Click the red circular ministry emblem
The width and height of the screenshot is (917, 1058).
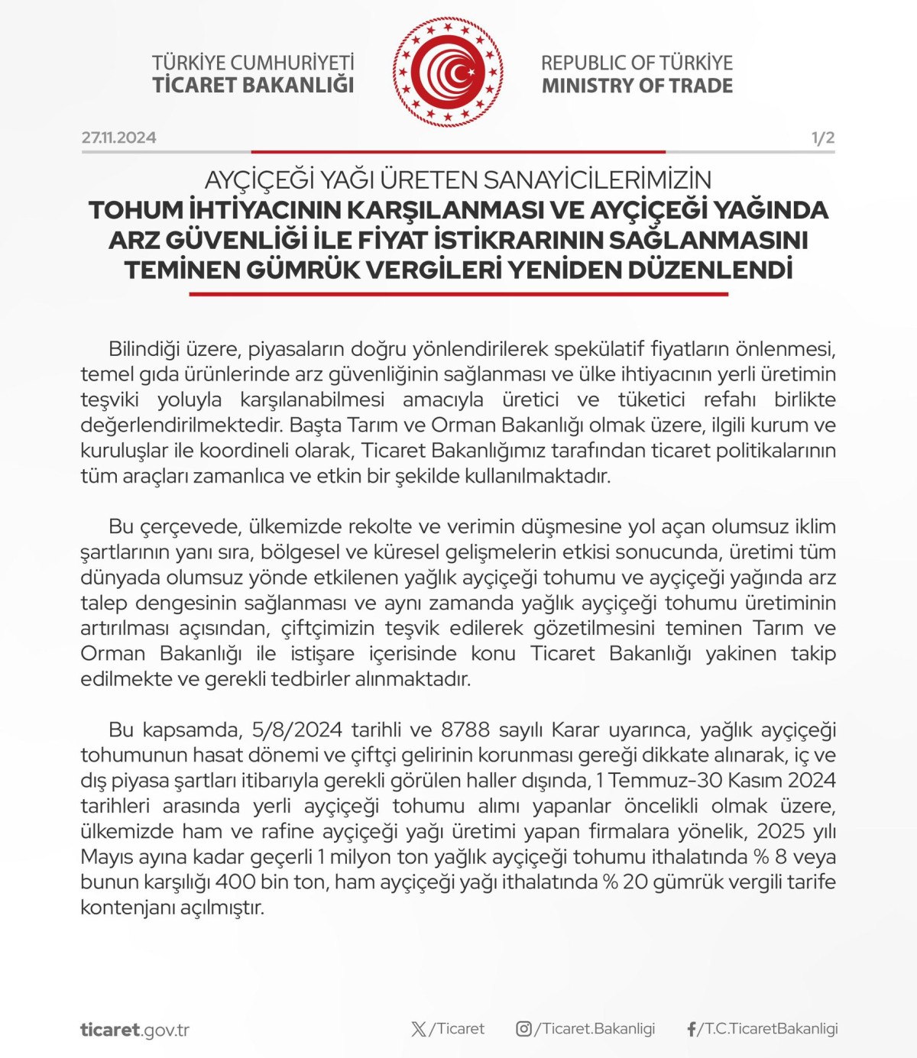click(449, 73)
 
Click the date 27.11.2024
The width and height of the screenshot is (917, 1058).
click(118, 138)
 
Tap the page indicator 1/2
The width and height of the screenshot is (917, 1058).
click(822, 138)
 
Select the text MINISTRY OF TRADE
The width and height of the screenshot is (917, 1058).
click(637, 86)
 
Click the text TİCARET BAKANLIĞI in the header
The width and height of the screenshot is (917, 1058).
click(253, 85)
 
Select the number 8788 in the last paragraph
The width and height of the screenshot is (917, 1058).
click(466, 730)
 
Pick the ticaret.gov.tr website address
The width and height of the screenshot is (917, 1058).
click(134, 1030)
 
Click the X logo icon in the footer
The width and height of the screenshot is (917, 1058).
click(419, 1029)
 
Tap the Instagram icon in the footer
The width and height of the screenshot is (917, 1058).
click(523, 1029)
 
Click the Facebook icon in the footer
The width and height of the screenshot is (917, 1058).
click(692, 1029)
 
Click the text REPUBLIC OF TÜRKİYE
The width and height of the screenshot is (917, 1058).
click(637, 63)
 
